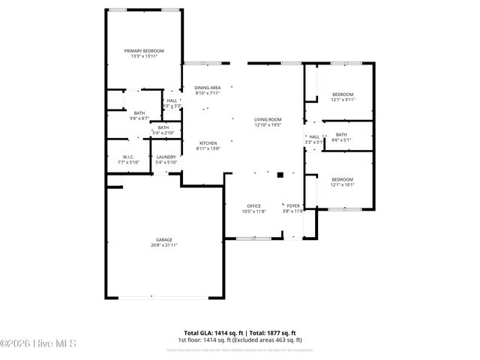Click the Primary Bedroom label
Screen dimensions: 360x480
click(x=144, y=50)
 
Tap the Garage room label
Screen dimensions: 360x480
click(x=164, y=239)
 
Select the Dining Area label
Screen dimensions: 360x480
click(x=208, y=88)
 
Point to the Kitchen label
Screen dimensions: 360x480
click(x=208, y=142)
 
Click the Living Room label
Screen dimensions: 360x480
click(x=268, y=119)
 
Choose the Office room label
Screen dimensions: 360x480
click(x=254, y=205)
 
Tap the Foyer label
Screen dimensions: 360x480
click(x=292, y=205)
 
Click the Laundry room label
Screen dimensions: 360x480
click(x=166, y=157)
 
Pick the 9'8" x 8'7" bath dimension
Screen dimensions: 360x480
click(x=140, y=118)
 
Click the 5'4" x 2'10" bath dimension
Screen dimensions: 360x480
click(x=163, y=133)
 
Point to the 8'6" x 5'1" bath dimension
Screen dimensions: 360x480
click(x=341, y=139)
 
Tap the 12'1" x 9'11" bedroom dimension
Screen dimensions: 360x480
click(x=343, y=99)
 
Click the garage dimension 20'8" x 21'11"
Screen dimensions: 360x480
click(x=164, y=244)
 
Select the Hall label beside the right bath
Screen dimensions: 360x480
click(x=314, y=136)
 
